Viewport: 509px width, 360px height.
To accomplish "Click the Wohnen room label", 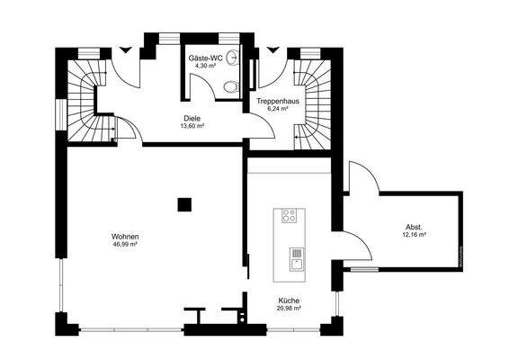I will coord(125,237).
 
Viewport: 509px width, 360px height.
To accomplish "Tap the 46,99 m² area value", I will coord(125,245).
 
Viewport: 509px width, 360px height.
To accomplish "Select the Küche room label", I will coord(289,300).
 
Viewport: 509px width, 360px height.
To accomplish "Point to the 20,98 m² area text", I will coord(289,308).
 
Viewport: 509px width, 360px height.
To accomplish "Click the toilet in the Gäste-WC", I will coord(230,86).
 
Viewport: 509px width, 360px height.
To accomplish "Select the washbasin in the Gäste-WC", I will coord(233,57).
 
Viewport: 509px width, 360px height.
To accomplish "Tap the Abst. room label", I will coord(414,227).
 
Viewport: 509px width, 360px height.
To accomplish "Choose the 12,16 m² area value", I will coord(414,235).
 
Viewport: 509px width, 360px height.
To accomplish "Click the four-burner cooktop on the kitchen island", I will coord(290,217).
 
